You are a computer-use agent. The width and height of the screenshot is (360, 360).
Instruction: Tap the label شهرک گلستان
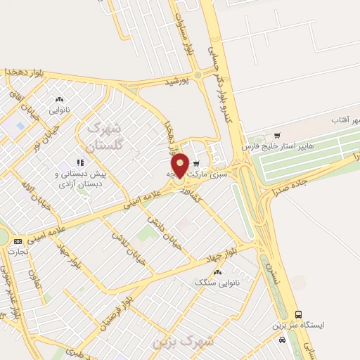[x=102, y=136]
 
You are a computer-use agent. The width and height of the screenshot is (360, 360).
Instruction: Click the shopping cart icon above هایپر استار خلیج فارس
[x=277, y=136]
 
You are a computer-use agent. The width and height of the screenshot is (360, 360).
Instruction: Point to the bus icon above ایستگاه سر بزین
[x=298, y=314]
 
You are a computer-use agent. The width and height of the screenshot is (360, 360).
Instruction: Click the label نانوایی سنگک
[x=215, y=282]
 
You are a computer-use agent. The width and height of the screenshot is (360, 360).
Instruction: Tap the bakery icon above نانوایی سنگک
[x=217, y=271]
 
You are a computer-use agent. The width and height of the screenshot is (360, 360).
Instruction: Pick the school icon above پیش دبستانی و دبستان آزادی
[x=80, y=162]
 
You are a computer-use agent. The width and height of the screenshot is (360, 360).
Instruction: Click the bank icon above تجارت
[x=18, y=241]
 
